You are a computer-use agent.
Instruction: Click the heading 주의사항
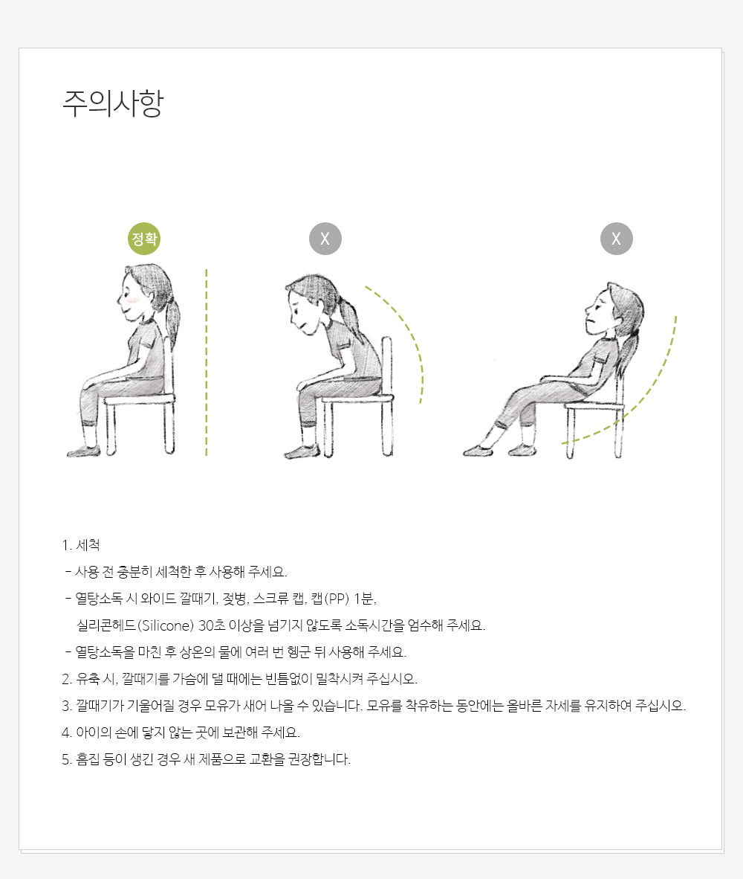point(112,103)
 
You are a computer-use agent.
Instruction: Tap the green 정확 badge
point(144,239)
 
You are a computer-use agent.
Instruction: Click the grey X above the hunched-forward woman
point(325,239)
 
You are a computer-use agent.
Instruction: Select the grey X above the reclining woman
point(617,239)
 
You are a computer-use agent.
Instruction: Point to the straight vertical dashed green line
point(206,362)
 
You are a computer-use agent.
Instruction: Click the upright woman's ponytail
point(173,320)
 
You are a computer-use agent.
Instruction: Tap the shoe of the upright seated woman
point(83,451)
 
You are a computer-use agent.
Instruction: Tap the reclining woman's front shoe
point(478,450)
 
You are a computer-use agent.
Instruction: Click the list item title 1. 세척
point(81,545)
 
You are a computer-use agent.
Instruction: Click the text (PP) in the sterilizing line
point(337,599)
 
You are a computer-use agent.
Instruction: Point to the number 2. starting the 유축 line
point(67,679)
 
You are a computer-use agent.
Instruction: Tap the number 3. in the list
point(67,706)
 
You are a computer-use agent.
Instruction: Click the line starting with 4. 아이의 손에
point(181,732)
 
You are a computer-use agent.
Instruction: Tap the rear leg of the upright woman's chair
point(169,427)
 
